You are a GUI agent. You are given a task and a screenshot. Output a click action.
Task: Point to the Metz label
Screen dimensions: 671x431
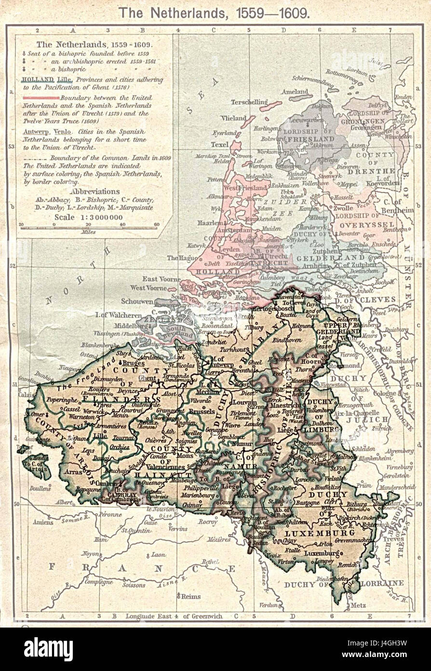click(358, 605)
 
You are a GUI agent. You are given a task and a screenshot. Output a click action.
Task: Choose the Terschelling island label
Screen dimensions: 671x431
click(249, 102)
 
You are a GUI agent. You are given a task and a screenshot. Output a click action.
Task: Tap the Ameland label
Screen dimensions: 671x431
click(295, 92)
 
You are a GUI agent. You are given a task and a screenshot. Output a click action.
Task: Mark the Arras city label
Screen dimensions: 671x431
click(73, 472)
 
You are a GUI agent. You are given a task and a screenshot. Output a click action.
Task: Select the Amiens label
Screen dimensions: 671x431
click(43, 522)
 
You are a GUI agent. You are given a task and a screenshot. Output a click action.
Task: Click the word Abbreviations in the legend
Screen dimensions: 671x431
click(94, 191)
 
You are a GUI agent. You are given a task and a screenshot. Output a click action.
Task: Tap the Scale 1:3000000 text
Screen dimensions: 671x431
click(88, 217)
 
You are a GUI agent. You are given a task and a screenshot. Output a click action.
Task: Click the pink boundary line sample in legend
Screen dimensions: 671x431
click(40, 98)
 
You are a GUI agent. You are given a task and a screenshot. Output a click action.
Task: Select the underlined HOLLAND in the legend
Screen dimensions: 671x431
click(35, 80)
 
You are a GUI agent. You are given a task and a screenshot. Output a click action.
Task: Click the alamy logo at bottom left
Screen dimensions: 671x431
click(48, 649)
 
